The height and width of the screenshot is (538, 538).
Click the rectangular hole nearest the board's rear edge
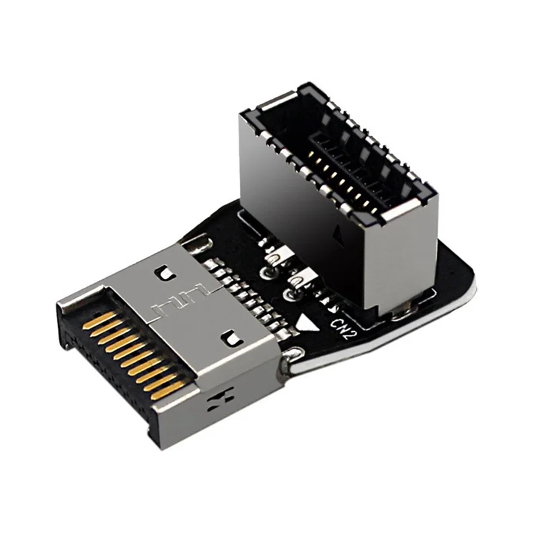click(162, 273)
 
